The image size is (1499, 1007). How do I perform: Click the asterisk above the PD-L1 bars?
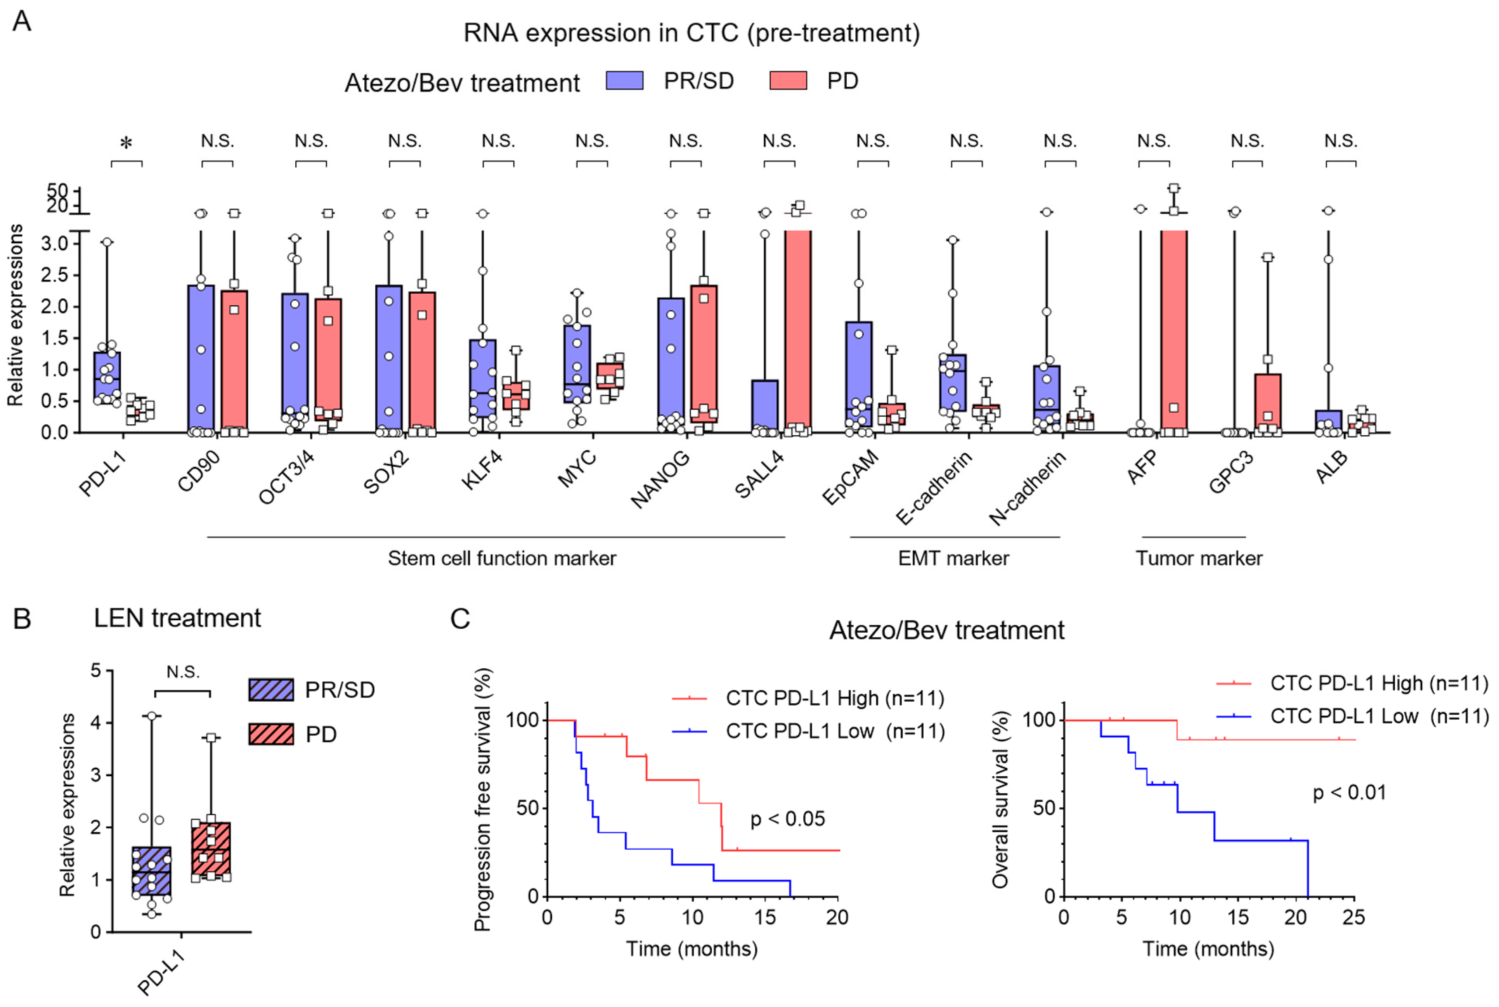click(127, 143)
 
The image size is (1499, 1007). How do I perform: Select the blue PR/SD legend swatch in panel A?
click(624, 81)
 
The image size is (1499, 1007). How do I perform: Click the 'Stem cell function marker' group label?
click(502, 558)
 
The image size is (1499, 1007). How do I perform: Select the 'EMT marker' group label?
click(953, 558)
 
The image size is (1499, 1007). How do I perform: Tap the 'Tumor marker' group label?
click(1198, 558)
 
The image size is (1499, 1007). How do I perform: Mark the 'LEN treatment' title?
click(177, 618)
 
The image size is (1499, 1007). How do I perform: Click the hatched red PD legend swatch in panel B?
click(271, 734)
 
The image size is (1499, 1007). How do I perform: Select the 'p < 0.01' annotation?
click(1349, 792)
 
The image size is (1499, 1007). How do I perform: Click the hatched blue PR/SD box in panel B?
click(152, 871)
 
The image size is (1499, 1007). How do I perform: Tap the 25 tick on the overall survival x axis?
click(1353, 917)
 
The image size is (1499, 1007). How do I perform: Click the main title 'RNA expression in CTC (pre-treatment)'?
click(692, 33)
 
